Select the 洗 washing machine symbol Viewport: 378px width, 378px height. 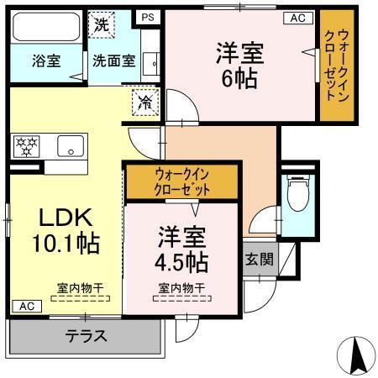tap(100, 24)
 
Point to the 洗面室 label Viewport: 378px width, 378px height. tap(113, 60)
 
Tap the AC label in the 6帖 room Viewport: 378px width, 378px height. tap(297, 17)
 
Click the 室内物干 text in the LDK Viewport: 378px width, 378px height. tap(81, 288)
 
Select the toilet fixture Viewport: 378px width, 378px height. tap(297, 195)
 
